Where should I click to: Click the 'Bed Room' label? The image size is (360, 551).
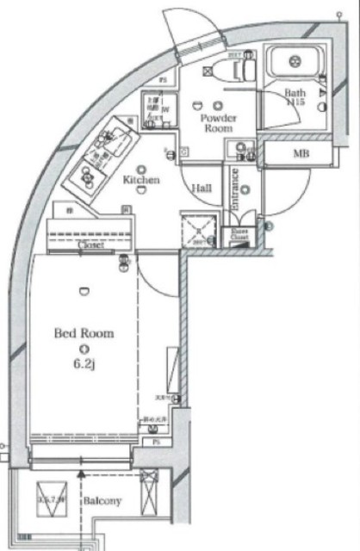[x=84, y=332]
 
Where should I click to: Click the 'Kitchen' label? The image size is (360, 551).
[x=141, y=180]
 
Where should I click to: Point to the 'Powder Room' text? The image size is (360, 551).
[x=217, y=121]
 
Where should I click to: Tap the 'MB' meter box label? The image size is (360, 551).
[x=301, y=154]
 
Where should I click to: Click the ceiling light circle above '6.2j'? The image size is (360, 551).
[x=83, y=349]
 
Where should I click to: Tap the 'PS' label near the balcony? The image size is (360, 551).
[x=156, y=443]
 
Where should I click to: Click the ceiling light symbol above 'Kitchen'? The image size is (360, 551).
[x=140, y=168]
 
